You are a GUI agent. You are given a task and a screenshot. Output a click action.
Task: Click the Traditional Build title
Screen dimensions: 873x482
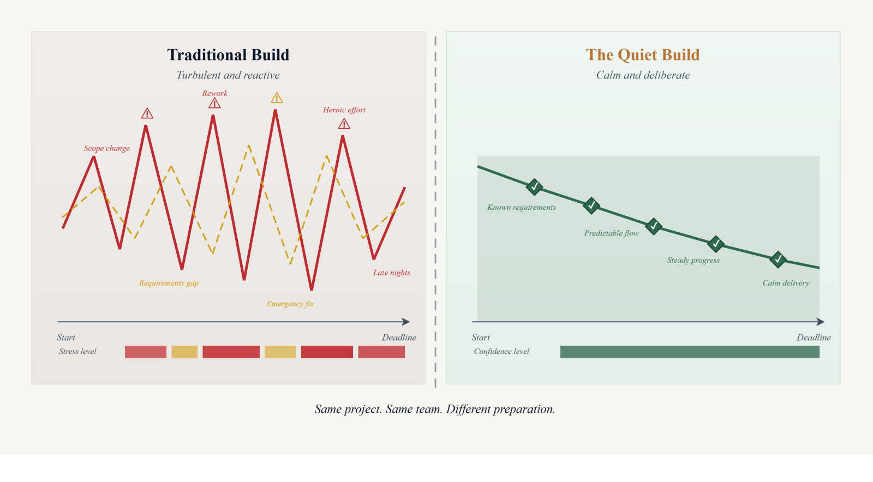pos(228,55)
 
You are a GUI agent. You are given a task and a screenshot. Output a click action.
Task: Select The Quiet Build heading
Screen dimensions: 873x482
pos(643,55)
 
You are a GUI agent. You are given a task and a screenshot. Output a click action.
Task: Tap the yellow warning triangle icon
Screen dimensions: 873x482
pos(277,98)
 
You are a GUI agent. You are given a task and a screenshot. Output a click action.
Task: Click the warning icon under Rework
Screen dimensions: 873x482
pos(214,104)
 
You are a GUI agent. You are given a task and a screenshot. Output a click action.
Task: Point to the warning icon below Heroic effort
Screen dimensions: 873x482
pos(344,124)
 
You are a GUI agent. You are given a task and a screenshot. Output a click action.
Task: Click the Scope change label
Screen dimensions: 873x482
pos(107,148)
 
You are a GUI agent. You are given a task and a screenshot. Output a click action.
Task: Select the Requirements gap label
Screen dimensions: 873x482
pos(169,283)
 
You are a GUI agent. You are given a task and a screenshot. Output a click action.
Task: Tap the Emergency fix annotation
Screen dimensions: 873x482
pos(290,304)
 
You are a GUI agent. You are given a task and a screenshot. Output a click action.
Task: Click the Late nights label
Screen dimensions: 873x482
pos(392,273)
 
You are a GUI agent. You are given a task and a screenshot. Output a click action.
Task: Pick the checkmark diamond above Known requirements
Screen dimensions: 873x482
pos(534,187)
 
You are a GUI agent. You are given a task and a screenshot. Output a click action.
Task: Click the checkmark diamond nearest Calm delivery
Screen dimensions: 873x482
pos(778,260)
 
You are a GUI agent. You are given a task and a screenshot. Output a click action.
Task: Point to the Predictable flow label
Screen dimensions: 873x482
pos(611,233)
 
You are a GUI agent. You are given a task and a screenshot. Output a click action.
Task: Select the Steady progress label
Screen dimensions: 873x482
pos(693,260)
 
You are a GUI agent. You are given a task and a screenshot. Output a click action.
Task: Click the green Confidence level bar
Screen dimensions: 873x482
pos(690,352)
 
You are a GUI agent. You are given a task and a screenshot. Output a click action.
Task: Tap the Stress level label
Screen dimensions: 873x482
pos(77,352)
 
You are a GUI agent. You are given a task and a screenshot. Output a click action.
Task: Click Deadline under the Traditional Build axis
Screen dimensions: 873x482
pos(399,338)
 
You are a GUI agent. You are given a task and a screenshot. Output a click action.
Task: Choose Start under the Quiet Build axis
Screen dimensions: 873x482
pos(481,338)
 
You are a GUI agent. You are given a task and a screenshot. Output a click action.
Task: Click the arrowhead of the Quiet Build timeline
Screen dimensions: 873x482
pos(821,322)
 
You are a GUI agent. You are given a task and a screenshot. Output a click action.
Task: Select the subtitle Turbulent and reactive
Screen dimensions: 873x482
pos(228,75)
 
